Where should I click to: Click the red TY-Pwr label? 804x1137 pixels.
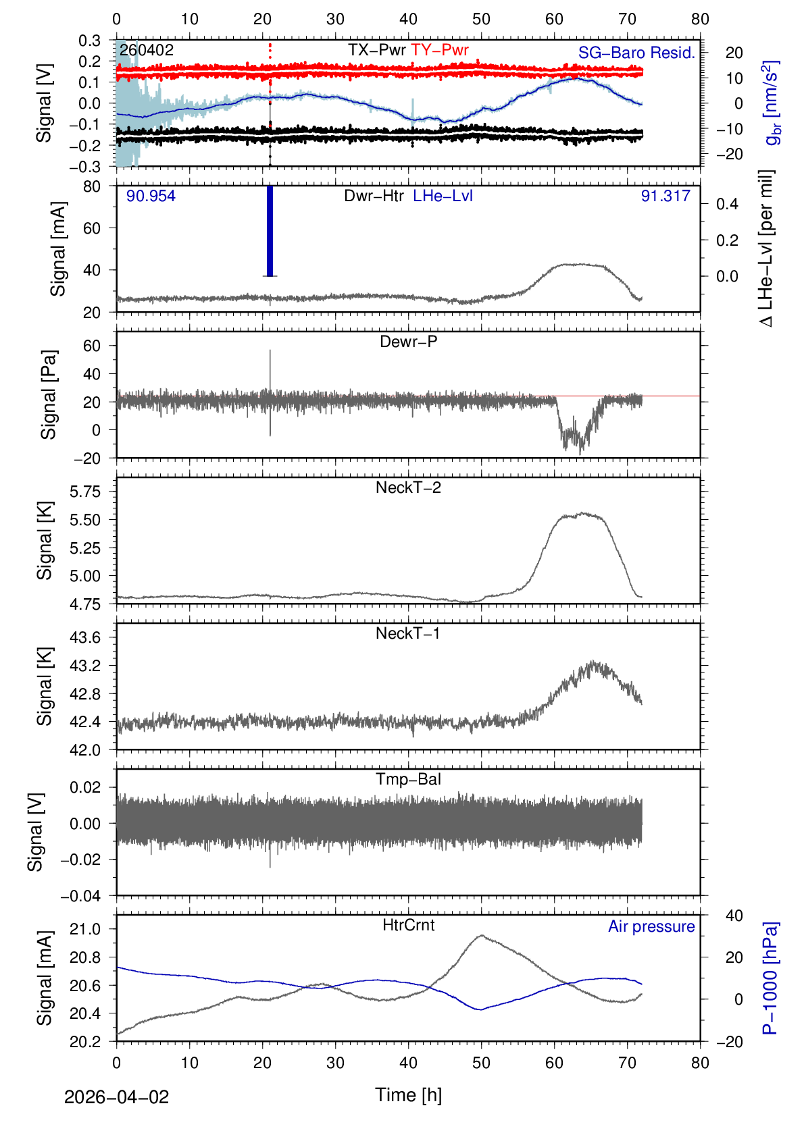coord(439,50)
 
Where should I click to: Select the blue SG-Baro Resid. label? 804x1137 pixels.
coord(636,53)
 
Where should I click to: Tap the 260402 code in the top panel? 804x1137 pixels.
coord(147,50)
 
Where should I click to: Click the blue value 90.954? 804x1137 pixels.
coord(151,196)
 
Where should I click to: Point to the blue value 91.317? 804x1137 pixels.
coord(665,196)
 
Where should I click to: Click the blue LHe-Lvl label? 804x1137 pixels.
coord(443,196)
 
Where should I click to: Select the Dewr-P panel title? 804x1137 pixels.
coord(408,342)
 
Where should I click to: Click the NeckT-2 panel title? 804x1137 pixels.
coord(408,487)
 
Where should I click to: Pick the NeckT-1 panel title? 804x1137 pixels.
coord(408,633)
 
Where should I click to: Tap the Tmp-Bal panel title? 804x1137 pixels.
coord(408,779)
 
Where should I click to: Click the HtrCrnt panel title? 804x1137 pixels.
coord(408,925)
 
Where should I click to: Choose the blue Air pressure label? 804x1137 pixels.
coord(651,926)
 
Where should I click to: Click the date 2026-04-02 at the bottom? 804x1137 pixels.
coord(116,1097)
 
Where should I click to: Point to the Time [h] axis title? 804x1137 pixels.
coord(408,1094)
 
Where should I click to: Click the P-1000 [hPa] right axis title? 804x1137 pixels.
coord(770,978)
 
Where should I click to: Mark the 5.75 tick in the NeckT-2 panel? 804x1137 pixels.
coord(85,492)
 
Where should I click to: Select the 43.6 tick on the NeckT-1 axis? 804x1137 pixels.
coord(85,637)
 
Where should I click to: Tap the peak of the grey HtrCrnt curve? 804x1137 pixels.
coord(481,936)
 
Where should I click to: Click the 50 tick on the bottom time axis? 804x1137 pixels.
coord(481,1063)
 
